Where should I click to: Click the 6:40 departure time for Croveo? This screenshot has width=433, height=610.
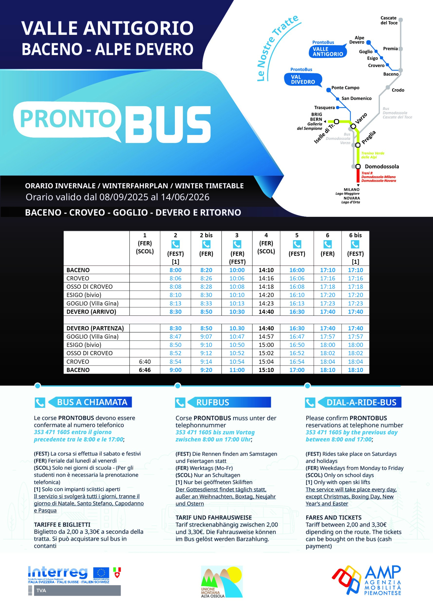145,361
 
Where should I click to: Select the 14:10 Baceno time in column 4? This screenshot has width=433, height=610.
266,270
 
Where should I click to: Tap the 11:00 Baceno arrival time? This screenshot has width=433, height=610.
237,370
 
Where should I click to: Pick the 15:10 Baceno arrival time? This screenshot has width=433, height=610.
266,370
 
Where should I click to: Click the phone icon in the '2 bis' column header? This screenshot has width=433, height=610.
206,244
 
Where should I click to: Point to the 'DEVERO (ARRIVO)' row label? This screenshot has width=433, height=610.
91,312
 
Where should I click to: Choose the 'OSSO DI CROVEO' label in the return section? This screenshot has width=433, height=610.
89,353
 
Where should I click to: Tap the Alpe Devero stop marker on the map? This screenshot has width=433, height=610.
368,42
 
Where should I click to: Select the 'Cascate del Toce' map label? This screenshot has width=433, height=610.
389,20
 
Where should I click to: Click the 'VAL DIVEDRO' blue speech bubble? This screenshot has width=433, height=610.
303,80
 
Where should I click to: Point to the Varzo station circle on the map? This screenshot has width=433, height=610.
353,126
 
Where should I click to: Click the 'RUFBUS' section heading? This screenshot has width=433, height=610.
212,402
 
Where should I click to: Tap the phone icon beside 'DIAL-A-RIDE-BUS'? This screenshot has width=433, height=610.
310,403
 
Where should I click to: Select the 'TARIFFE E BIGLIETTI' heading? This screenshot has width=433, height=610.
62,524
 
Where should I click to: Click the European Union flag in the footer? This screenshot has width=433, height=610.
101,572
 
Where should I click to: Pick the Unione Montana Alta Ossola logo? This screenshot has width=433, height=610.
222,581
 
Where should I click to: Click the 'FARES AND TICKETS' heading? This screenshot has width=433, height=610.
333,517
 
